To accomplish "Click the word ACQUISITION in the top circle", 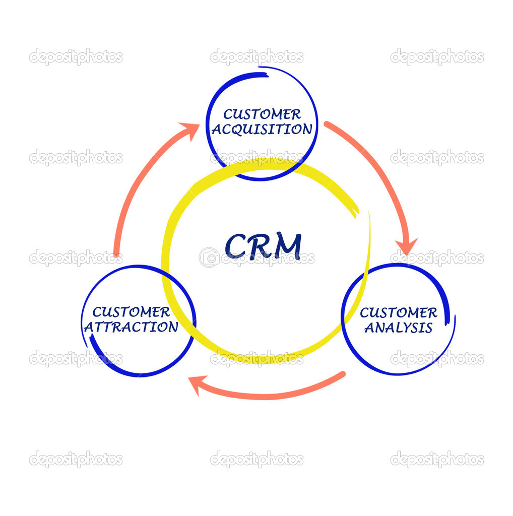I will (x=262, y=130).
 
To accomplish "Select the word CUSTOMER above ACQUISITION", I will (x=262, y=114).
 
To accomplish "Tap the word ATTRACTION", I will (x=131, y=327).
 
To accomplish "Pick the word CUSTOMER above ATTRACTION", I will (x=131, y=312).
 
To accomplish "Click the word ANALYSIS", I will (x=398, y=328).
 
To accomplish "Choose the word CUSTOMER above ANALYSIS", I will (x=398, y=313).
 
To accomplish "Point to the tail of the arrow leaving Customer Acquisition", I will (x=327, y=124).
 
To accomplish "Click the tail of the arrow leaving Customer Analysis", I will (x=342, y=374).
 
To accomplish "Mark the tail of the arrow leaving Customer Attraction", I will (x=117, y=254).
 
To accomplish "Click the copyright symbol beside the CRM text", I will (x=209, y=257).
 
